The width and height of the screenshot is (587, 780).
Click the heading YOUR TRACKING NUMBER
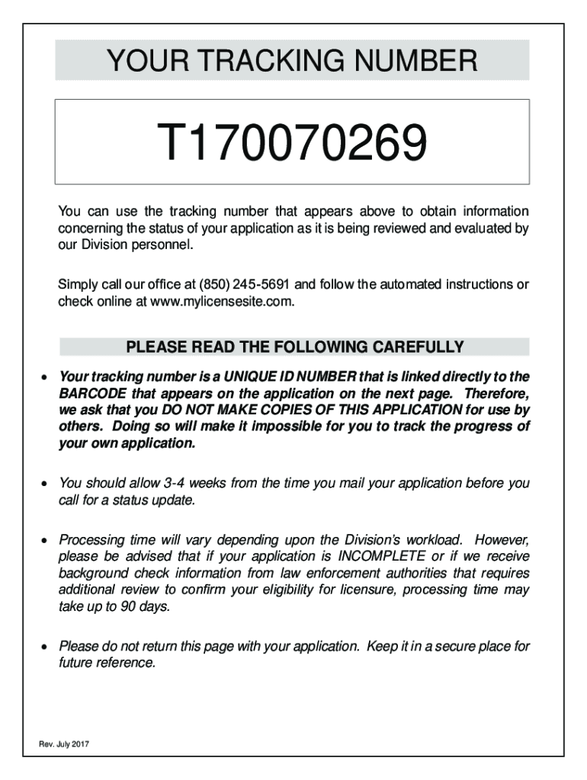pos(292,60)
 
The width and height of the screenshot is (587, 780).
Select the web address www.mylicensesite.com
pos(220,302)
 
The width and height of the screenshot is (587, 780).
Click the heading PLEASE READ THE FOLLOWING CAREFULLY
pos(294,348)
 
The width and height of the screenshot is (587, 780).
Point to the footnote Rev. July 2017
pos(65,744)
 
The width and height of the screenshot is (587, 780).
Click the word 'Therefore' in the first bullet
pos(496,394)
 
